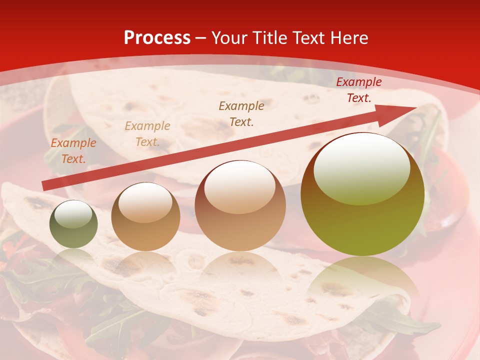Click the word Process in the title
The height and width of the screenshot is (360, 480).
(157, 38)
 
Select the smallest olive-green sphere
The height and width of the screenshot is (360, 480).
(73, 224)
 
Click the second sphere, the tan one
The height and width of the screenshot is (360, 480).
(145, 217)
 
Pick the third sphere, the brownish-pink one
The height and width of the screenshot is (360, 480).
(240, 205)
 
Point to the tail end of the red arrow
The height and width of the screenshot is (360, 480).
(44, 186)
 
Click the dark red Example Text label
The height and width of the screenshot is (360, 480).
(358, 90)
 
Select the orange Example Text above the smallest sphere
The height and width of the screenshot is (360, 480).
(73, 150)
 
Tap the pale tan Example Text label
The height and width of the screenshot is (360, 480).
(147, 133)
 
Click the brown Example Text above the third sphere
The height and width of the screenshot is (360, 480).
(241, 113)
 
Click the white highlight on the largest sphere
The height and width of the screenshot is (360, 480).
(361, 167)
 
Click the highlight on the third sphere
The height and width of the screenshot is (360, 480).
(239, 186)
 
